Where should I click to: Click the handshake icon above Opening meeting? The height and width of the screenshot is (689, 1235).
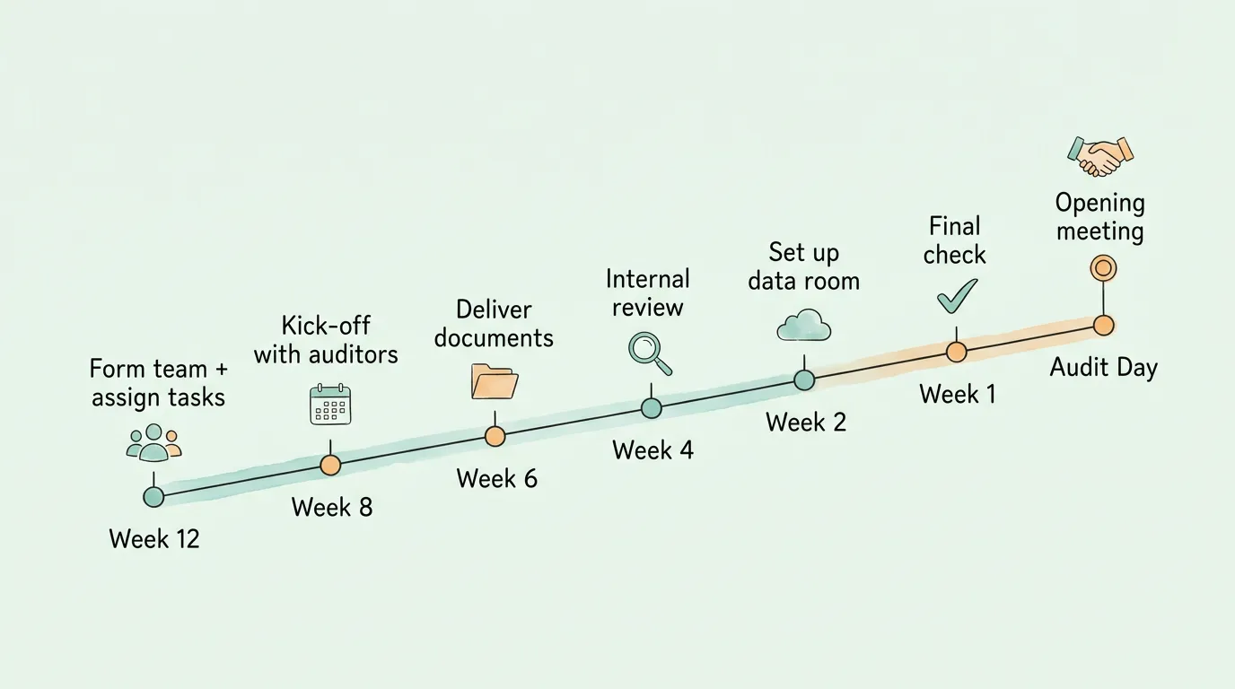1100,157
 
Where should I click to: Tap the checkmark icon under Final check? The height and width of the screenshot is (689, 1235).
957,296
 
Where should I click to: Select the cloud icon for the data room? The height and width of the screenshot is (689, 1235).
803,325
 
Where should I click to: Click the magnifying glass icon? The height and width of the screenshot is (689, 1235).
650,353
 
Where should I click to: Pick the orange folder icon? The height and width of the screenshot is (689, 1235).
495,381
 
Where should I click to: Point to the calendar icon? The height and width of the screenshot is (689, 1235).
330,405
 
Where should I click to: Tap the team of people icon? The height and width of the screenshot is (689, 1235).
154,443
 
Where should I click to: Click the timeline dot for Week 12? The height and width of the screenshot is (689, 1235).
153,496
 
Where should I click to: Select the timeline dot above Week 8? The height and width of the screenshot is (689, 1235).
330,465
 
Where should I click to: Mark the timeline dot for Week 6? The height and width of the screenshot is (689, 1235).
495,436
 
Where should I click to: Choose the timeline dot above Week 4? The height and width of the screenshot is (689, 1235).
651,408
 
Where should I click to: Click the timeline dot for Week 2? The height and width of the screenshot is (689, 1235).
804,380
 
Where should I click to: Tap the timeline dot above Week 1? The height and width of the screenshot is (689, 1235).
957,352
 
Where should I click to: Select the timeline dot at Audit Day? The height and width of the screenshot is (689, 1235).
1103,325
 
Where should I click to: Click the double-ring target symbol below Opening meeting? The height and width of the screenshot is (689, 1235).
1103,267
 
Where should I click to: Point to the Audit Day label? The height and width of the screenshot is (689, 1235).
1103,368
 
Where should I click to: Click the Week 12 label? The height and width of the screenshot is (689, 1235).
154,539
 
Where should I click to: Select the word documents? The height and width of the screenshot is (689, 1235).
494,338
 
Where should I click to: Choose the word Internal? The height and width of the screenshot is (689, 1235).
647,279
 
